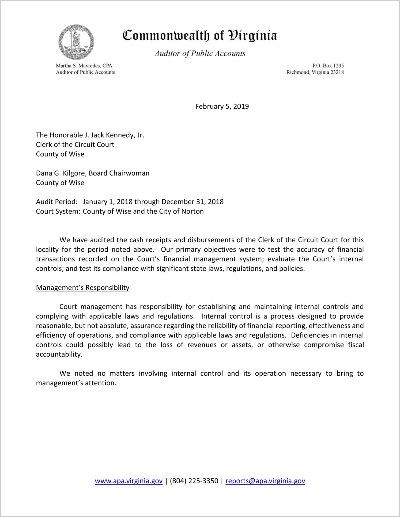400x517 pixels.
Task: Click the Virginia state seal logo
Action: pos(76,42)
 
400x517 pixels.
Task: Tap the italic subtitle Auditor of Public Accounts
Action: pos(200,54)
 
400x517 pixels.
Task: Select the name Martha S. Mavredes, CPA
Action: pos(84,66)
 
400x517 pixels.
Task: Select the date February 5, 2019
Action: pos(222,107)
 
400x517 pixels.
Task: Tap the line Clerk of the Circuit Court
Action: pos(75,145)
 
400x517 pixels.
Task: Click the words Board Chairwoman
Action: pos(119,173)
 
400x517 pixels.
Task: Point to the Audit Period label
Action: pos(57,202)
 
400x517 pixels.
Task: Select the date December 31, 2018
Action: pos(193,202)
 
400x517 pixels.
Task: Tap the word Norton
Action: pos(193,212)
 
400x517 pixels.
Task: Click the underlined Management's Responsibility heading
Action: pos(82,288)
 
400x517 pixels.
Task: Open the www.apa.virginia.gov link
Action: pos(129,481)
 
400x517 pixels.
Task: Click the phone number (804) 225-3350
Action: pos(194,481)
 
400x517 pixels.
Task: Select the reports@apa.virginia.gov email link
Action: pos(265,481)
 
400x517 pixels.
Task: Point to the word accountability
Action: pos(59,354)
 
